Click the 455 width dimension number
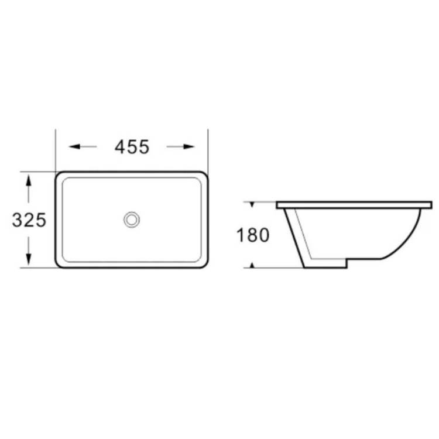pyautogui.click(x=132, y=147)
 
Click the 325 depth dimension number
pyautogui.click(x=29, y=220)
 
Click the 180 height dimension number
pyautogui.click(x=253, y=235)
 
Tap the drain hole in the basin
pyautogui.click(x=132, y=220)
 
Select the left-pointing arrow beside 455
pyautogui.click(x=83, y=146)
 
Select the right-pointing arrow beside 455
pyautogui.click(x=181, y=146)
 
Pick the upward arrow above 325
pyautogui.click(x=28, y=188)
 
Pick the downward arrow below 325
pyautogui.click(x=28, y=251)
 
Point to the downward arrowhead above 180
pyautogui.click(x=252, y=205)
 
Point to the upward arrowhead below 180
pyautogui.click(x=252, y=265)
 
